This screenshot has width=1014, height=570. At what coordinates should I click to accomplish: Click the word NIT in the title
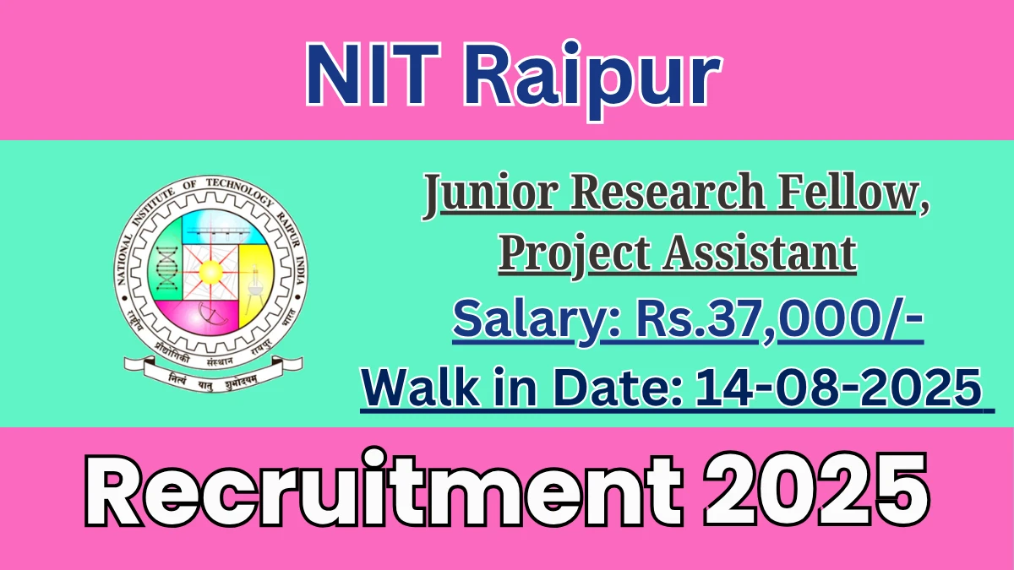(x=373, y=74)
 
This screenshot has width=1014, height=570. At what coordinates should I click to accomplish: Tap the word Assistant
(x=760, y=254)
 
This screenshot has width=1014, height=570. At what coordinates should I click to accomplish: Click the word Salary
(x=531, y=321)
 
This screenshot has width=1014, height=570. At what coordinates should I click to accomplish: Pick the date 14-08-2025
(x=838, y=388)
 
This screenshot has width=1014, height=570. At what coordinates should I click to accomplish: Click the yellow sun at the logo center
(x=211, y=272)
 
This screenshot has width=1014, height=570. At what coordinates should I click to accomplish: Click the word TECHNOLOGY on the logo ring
(x=240, y=191)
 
